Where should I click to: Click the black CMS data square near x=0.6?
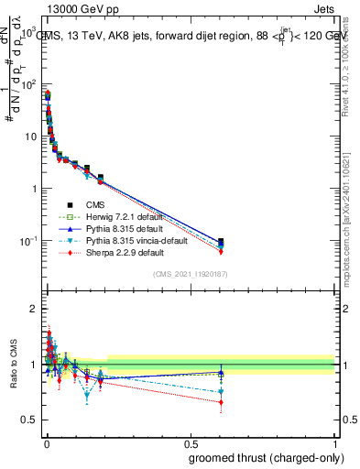point(220,242)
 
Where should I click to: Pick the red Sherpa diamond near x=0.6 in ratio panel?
point(220,401)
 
